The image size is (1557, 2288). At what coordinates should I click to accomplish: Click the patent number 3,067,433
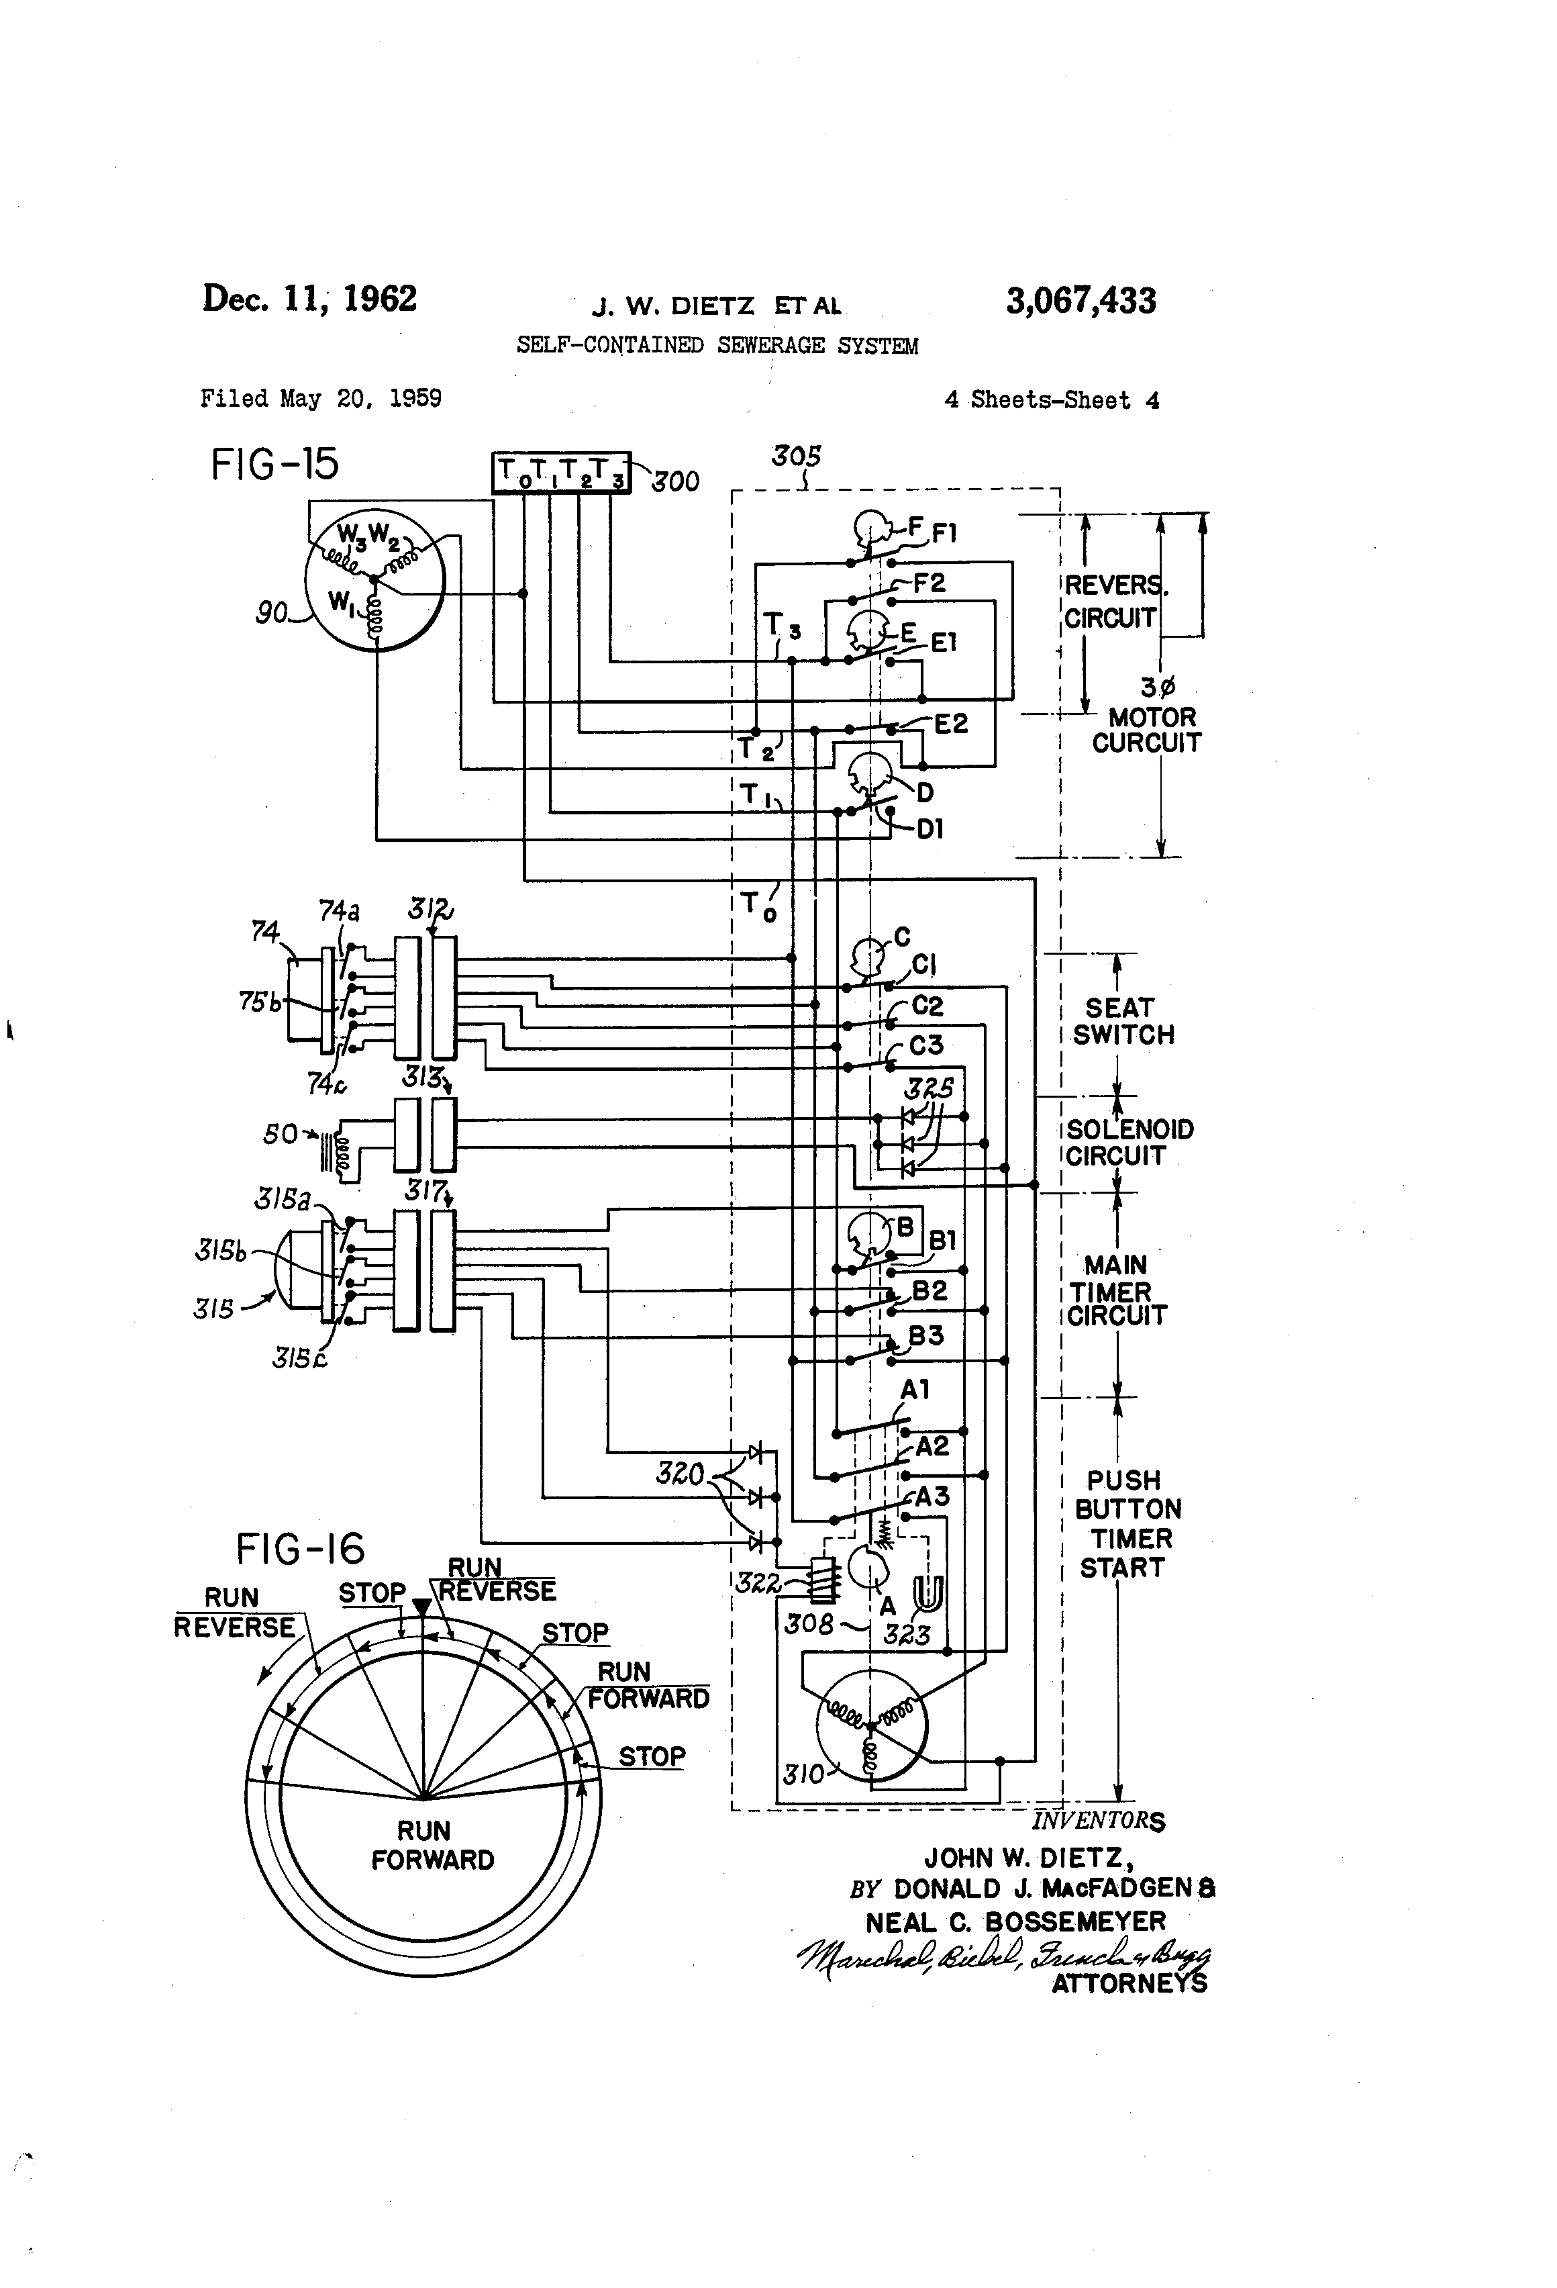point(1080,300)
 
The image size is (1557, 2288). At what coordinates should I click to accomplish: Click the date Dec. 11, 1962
point(309,298)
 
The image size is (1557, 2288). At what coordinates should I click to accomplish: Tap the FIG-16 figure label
point(299,1550)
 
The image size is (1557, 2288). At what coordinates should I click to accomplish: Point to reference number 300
point(675,481)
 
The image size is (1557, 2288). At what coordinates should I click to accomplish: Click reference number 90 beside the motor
point(272,614)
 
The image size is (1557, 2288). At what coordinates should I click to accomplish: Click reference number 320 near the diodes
point(680,1474)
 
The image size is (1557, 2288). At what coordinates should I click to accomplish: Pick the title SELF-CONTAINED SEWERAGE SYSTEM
point(717,346)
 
